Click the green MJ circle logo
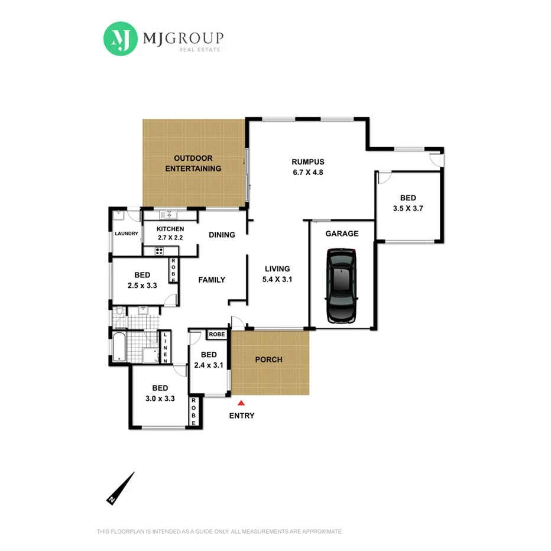click(121, 39)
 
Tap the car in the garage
click(342, 286)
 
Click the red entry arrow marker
click(241, 402)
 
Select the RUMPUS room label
click(308, 161)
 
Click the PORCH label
click(268, 359)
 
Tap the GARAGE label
click(342, 234)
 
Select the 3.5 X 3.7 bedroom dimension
click(408, 208)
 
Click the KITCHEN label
click(170, 229)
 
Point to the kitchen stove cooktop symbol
click(159, 251)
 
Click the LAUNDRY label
click(127, 234)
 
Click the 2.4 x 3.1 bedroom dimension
click(209, 365)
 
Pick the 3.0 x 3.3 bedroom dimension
click(160, 398)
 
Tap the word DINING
click(222, 235)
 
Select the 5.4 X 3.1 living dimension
click(278, 280)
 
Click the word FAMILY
click(212, 280)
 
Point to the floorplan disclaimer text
click(219, 531)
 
